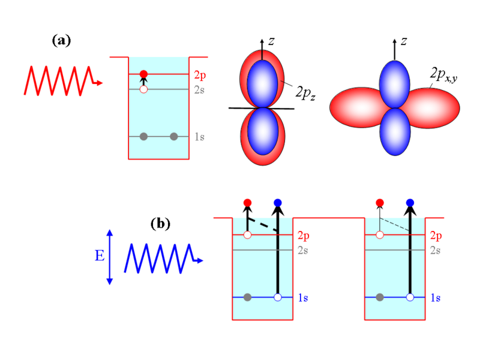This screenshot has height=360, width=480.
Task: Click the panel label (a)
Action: click(62, 40)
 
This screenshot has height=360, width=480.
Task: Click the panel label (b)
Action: click(160, 223)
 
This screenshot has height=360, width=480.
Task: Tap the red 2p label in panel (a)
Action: click(200, 76)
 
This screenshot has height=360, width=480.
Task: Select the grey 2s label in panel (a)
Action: click(199, 90)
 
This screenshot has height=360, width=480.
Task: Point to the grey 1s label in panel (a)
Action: click(200, 137)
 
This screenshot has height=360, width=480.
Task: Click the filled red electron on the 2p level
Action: click(143, 74)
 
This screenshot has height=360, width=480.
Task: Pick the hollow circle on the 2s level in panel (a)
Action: click(143, 89)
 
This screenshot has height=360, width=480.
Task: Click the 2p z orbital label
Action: click(305, 93)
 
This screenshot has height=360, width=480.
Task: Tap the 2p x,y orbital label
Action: click(443, 74)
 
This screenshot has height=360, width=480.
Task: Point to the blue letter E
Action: click(100, 256)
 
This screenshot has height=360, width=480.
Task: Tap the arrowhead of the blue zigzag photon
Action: click(200, 260)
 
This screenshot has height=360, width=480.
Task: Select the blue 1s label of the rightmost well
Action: click(436, 298)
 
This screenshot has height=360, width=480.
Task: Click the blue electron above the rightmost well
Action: click(410, 203)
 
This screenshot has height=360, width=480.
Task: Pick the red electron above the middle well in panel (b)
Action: click(247, 203)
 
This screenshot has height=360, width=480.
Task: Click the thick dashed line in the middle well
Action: click(263, 225)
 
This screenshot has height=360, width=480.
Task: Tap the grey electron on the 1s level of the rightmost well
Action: click(380, 297)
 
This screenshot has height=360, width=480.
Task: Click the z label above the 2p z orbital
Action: click(271, 41)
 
